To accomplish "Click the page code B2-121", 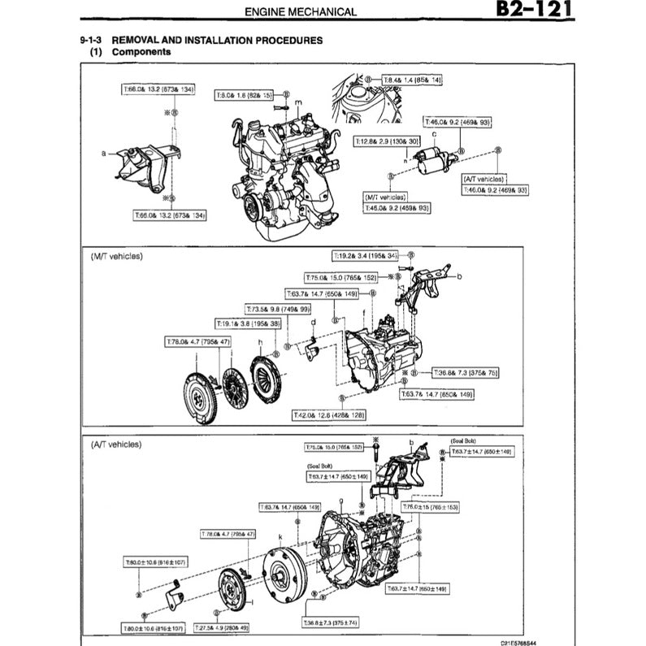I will (x=532, y=11).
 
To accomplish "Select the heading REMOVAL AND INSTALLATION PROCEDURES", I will (x=217, y=39).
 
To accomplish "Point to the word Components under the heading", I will (x=141, y=51).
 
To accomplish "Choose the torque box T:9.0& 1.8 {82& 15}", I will (x=245, y=95).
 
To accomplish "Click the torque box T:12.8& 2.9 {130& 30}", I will (x=380, y=141).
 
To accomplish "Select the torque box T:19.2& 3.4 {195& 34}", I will (x=369, y=255).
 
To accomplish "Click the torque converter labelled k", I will (x=285, y=576).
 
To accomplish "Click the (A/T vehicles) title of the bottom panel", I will (x=116, y=444).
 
